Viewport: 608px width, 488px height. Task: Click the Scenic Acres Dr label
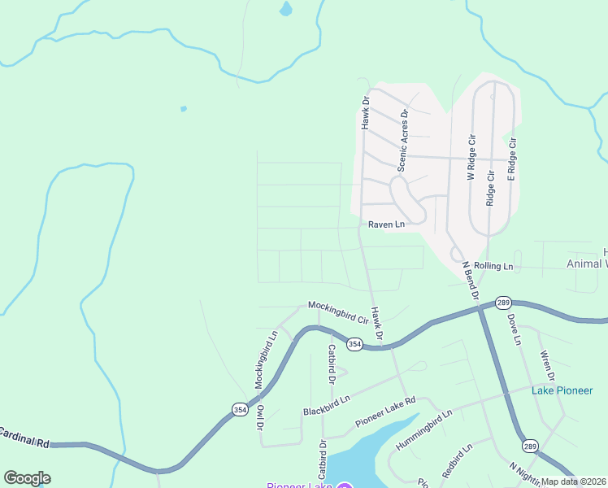[402, 141]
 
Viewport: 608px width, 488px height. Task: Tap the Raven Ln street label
[386, 224]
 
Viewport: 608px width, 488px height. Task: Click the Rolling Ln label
[494, 266]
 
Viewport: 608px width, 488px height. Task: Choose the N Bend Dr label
[469, 279]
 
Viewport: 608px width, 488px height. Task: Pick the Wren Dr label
[547, 366]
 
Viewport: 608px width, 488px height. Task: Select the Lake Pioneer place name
[562, 390]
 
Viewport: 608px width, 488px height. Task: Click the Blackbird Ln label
[326, 404]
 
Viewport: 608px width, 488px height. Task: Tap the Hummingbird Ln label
[423, 432]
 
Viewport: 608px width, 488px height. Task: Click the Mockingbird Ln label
[266, 359]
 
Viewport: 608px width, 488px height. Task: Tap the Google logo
[27, 478]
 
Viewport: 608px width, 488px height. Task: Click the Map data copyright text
[574, 481]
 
